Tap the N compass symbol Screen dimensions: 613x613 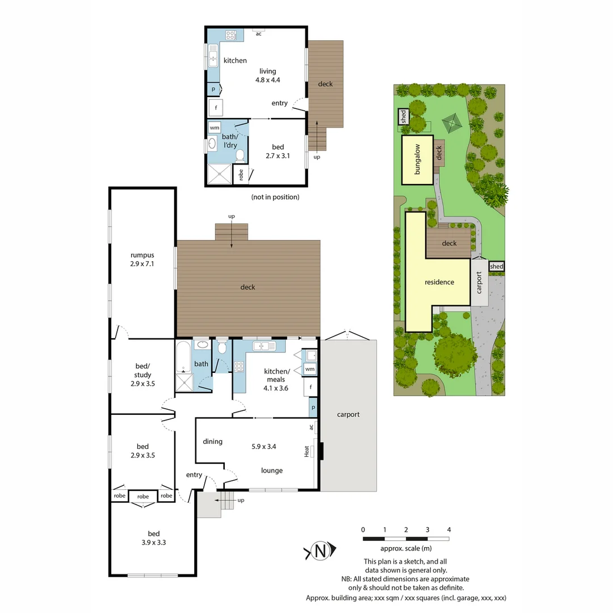click(321, 551)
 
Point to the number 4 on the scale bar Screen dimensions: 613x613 click(449, 530)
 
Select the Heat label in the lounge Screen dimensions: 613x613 click(307, 451)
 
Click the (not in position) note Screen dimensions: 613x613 click(275, 197)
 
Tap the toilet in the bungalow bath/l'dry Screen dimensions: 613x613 click(240, 156)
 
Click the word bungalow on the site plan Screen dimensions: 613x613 click(417, 159)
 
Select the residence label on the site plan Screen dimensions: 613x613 click(439, 282)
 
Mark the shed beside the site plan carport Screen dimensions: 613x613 click(496, 266)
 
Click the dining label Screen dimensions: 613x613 click(212, 442)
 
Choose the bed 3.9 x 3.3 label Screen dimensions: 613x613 click(154, 538)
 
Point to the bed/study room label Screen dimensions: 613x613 click(142, 375)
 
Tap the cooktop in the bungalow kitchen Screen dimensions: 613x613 click(231, 35)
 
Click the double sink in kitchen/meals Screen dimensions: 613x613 click(264, 346)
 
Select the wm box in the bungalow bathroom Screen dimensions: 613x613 click(215, 127)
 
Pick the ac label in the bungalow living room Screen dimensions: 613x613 click(258, 33)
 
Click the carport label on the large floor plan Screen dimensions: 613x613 click(348, 414)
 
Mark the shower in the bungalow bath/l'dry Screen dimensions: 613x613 click(219, 174)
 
